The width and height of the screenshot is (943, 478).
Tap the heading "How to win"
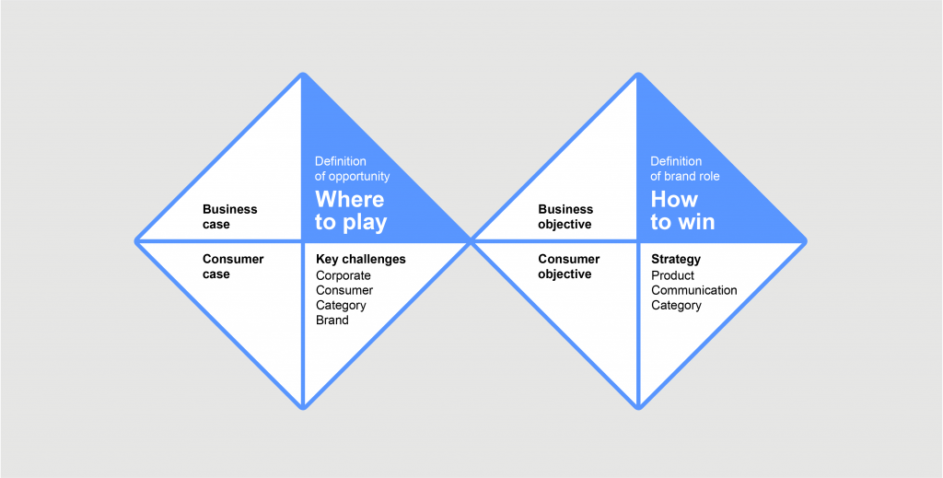coord(682,210)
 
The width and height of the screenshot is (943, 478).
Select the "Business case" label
coord(229,216)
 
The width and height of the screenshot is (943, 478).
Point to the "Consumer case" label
coord(233,266)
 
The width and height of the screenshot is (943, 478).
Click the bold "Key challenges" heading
coord(361,259)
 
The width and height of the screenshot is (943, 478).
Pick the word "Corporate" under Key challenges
coord(343,275)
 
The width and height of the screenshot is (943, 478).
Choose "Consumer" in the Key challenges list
coord(344,290)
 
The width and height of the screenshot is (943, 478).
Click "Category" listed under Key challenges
coord(341,306)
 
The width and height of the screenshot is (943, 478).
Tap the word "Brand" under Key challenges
coord(332,320)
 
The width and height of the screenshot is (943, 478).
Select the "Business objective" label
coord(565,216)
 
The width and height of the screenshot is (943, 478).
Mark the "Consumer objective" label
coord(568,266)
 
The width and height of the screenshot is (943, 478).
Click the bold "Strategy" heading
coord(676,259)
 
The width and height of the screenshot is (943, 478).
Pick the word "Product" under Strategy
coord(673,275)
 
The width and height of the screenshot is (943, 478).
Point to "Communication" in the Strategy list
coord(694,290)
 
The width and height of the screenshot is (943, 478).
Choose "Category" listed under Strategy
coord(677,306)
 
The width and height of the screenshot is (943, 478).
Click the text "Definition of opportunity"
coord(353,169)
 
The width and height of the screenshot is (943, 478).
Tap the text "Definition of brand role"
coord(685,169)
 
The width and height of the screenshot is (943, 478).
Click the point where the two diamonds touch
coord(471,241)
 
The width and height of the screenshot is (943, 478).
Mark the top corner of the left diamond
coord(303,74)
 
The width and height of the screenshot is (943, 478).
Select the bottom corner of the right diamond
coord(639,409)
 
